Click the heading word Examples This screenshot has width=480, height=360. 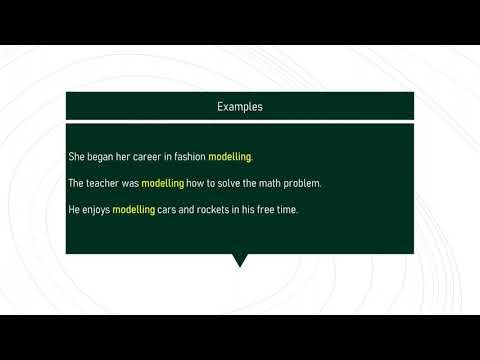(x=240, y=106)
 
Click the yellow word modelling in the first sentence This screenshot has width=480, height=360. (x=230, y=157)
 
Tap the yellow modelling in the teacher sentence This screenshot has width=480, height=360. (x=163, y=184)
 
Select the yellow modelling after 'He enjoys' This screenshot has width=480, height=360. (x=133, y=210)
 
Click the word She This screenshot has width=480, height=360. (x=76, y=157)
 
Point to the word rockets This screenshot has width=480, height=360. (x=213, y=210)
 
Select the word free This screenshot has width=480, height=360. (x=266, y=210)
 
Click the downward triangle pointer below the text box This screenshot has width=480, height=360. (x=240, y=260)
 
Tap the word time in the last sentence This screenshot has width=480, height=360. (x=288, y=210)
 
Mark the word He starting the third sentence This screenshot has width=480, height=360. (x=73, y=210)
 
